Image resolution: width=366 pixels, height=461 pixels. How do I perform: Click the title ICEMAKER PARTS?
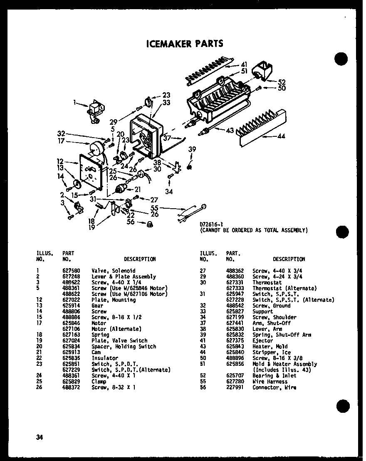[185, 44]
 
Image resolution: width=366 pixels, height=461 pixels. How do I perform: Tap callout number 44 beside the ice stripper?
[281, 136]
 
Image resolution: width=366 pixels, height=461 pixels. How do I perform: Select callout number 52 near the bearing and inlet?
[282, 82]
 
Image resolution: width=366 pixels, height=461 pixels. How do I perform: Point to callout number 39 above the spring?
[192, 149]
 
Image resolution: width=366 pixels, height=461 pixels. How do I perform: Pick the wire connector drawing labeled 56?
[148, 224]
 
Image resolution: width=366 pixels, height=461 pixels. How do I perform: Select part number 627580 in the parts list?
[69, 271]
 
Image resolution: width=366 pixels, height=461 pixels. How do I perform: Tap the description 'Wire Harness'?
[270, 381]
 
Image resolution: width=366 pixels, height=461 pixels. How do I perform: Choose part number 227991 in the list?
[233, 387]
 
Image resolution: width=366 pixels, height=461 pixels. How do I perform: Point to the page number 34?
[40, 437]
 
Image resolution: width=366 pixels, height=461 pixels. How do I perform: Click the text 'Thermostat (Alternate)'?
[284, 288]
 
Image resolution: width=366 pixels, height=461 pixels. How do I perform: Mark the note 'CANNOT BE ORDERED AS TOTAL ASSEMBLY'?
[254, 230]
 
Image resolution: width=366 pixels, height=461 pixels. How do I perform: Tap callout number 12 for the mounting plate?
[60, 161]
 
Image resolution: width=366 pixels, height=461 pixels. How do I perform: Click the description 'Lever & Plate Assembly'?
[124, 276]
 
